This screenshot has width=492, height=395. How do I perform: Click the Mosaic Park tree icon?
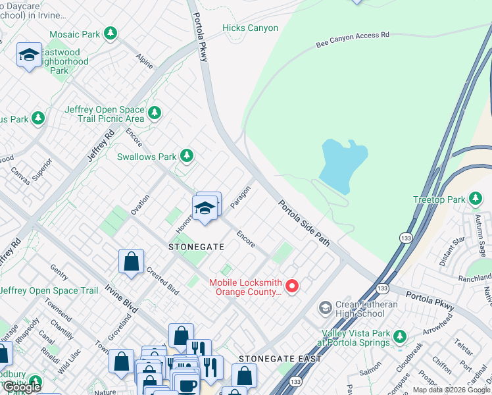111,33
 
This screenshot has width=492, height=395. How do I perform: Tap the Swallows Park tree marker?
187,156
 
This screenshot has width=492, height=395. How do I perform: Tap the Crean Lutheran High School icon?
324,308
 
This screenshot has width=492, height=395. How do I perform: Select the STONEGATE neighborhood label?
196,247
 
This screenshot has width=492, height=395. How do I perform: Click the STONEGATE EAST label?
280,359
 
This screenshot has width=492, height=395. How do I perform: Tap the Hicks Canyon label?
250,28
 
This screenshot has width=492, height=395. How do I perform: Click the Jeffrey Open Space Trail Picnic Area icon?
155,113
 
